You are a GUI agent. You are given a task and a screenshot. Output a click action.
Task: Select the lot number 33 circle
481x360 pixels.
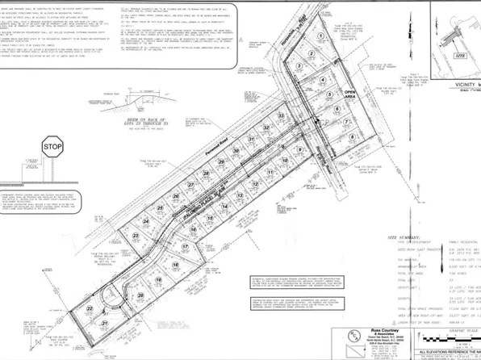(280, 117)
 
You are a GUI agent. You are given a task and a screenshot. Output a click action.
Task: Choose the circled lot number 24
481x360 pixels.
(146, 219)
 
